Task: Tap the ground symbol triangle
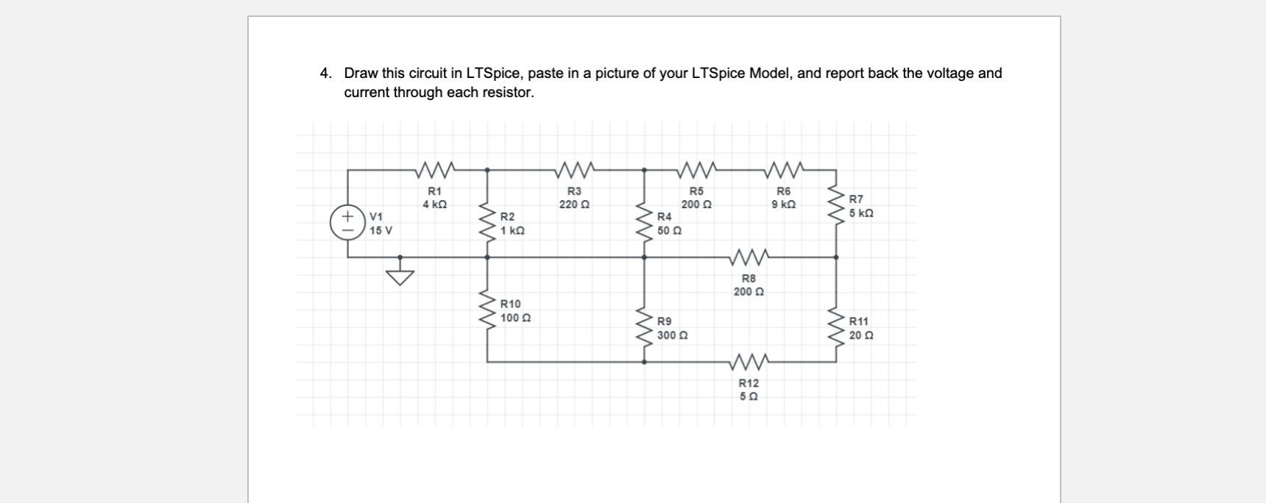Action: click(401, 278)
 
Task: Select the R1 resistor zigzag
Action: click(435, 171)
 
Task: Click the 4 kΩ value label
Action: click(434, 204)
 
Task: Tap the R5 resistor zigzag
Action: click(696, 171)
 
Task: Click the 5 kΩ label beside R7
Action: click(861, 213)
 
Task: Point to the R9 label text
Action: click(664, 321)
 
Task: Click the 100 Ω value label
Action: click(515, 318)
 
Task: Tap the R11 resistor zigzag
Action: click(836, 327)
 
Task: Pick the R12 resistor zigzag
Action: click(749, 362)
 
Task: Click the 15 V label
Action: click(381, 230)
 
